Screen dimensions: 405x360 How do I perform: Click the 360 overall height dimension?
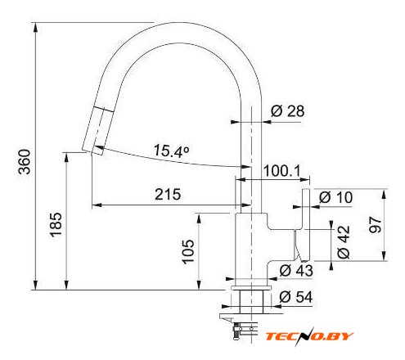[x=25, y=161]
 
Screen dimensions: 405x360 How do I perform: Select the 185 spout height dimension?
[x=56, y=225]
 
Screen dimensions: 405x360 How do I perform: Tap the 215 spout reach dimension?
[x=168, y=195]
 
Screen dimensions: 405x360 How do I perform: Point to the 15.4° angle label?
[x=171, y=151]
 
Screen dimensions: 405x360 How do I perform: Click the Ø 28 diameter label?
[x=288, y=111]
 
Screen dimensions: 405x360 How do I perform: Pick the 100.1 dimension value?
[x=281, y=171]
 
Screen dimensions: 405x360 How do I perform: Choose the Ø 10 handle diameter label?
[x=335, y=197]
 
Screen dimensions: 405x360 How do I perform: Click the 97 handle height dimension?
[x=375, y=225]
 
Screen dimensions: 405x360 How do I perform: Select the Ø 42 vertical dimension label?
[x=344, y=242]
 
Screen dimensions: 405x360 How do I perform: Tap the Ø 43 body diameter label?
[x=296, y=271]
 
